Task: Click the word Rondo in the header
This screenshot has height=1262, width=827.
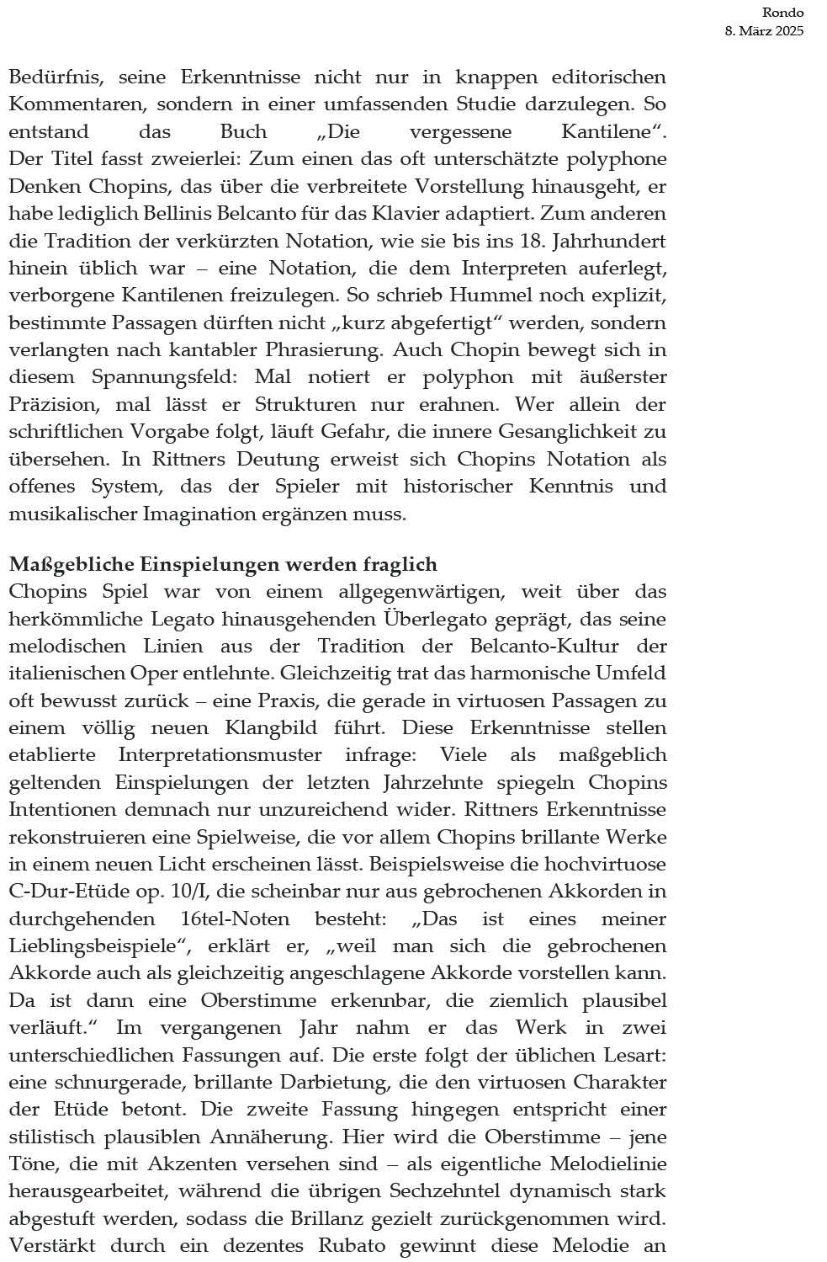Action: pyautogui.click(x=782, y=13)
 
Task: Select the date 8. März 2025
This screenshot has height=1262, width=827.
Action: pyautogui.click(x=764, y=32)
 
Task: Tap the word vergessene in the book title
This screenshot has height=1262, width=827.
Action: pyautogui.click(x=453, y=132)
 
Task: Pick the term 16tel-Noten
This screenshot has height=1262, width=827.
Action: pyautogui.click(x=235, y=919)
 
